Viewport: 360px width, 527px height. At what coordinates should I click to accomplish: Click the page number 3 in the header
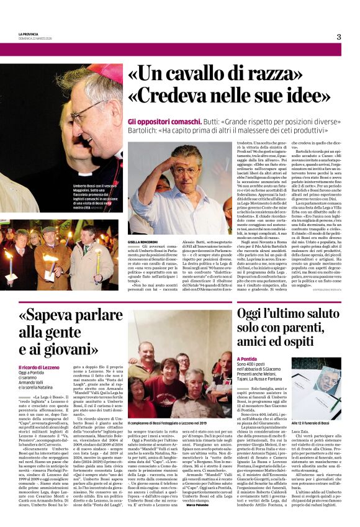click(x=338, y=37)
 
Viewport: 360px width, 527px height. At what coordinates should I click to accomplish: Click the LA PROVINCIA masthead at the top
click(x=29, y=34)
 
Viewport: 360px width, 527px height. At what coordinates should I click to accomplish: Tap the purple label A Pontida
click(x=246, y=359)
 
